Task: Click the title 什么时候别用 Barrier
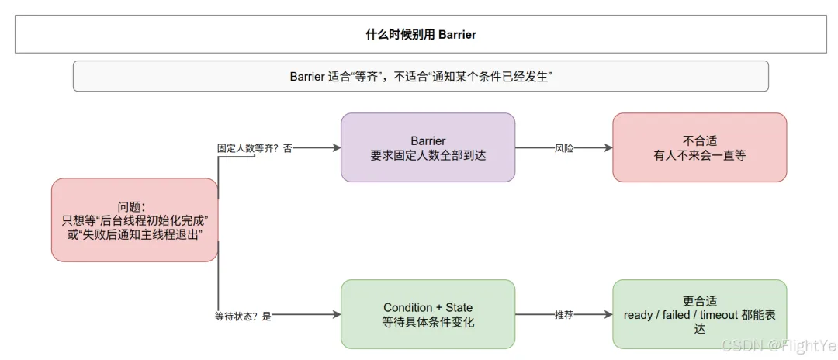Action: (421, 35)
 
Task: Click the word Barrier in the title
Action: (457, 35)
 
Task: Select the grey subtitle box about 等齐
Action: (421, 76)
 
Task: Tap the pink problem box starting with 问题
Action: (135, 220)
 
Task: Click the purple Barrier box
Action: (428, 147)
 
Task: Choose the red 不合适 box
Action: (700, 147)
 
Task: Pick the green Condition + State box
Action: (428, 314)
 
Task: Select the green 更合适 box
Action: (700, 314)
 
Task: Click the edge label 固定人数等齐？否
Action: (255, 148)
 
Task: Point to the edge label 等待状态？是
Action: (243, 316)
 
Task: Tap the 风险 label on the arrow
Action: (564, 148)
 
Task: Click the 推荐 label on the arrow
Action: (564, 315)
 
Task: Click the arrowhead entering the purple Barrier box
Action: (337, 148)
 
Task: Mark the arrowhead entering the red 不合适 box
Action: (608, 148)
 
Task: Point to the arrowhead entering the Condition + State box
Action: (337, 315)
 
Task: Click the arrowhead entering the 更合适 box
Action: (608, 315)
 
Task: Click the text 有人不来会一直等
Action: (700, 156)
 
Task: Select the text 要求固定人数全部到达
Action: (428, 156)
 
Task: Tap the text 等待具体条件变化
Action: (428, 323)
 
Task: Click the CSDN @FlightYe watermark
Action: (779, 345)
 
